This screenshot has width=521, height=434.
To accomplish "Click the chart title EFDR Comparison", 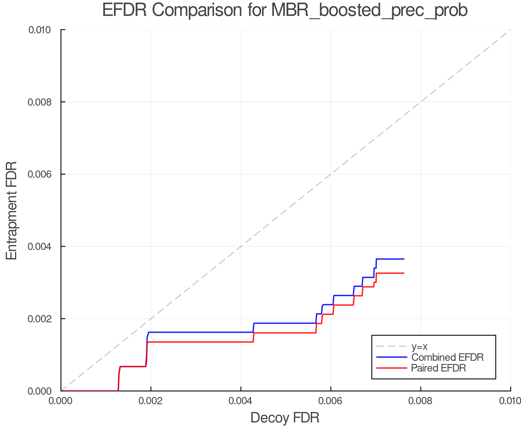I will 285,10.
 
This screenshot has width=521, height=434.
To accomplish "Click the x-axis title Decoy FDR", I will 285,418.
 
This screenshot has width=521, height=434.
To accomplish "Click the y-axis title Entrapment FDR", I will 12,210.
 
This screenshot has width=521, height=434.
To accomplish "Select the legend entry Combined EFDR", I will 447,357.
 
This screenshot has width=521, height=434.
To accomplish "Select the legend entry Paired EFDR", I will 439,368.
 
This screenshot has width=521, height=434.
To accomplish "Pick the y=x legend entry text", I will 419,346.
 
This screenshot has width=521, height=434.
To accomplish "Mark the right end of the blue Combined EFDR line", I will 403,259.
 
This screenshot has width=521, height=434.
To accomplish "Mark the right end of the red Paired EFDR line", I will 403,273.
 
